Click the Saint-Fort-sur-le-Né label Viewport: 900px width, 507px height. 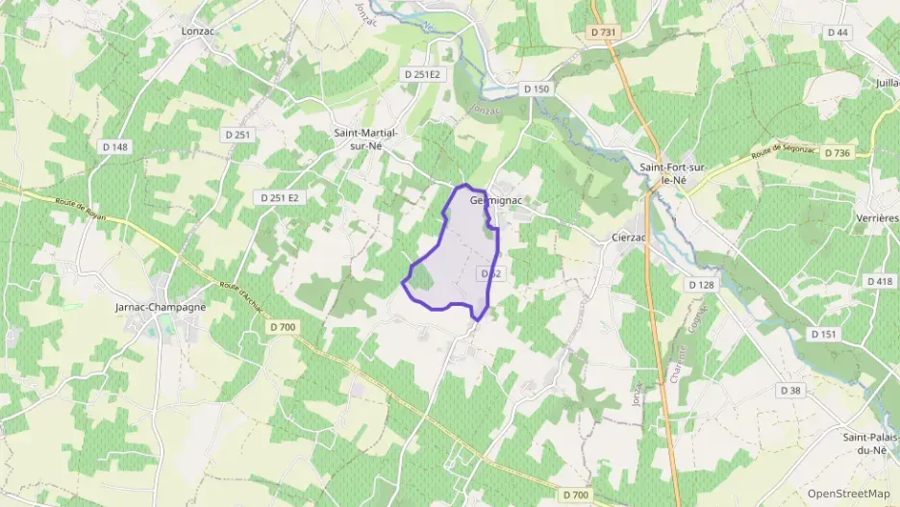(x=674, y=173)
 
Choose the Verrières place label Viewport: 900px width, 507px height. (x=876, y=218)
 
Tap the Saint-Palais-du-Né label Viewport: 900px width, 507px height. (x=870, y=444)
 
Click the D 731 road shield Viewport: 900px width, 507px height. (x=603, y=32)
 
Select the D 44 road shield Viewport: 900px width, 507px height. (x=837, y=32)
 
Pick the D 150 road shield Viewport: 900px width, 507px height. (x=537, y=89)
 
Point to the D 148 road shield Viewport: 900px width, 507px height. (x=114, y=146)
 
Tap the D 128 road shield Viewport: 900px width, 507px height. (x=702, y=285)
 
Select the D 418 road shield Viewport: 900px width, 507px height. (x=879, y=281)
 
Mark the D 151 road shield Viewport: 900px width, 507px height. (x=823, y=334)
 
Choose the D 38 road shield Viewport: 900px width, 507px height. (x=790, y=390)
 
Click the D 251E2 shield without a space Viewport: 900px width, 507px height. (x=422, y=73)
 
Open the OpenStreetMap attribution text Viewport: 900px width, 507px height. (x=848, y=494)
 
